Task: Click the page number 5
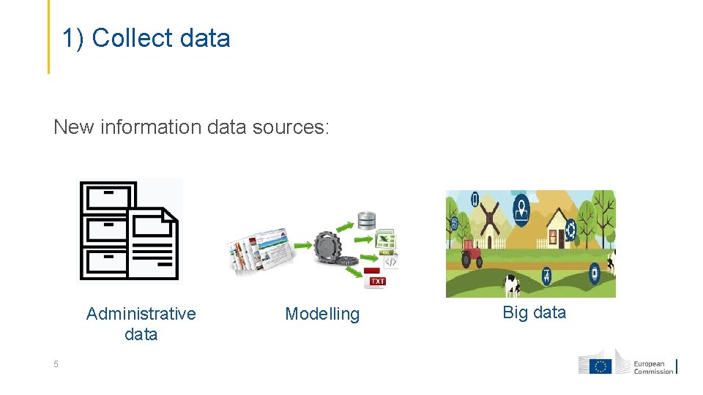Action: coord(55,364)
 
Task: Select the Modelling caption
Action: coord(322,315)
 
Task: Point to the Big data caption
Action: coord(534,313)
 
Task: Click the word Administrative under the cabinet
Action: coord(141,315)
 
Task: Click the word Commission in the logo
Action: coord(653,371)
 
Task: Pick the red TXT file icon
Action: coord(375,279)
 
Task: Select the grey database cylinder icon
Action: coord(366,220)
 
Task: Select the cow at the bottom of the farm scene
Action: coord(511,285)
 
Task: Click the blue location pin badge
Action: coord(521,208)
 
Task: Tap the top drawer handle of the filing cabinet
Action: coord(107,193)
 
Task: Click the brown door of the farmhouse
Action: coord(554,238)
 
